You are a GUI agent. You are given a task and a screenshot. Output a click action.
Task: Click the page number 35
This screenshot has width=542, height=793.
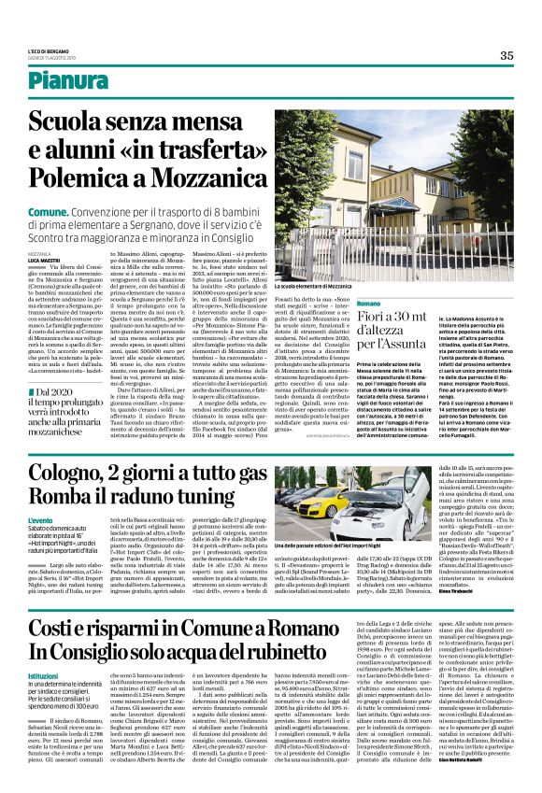[506, 56]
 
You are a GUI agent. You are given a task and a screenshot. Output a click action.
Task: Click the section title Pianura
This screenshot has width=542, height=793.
[67, 80]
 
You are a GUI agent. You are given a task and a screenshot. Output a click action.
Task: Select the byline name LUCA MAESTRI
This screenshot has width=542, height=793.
[43, 260]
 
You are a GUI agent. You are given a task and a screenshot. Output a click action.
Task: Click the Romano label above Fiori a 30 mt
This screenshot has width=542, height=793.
[369, 305]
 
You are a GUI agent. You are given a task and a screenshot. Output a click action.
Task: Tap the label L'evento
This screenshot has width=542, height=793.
[40, 519]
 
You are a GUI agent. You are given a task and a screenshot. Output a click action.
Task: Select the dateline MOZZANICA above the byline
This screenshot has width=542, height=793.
[39, 254]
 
